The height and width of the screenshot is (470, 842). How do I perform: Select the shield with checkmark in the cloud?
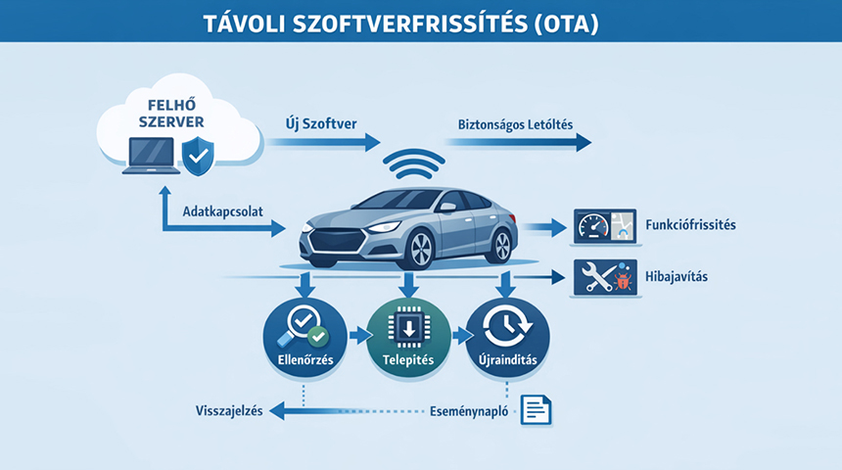point(200,155)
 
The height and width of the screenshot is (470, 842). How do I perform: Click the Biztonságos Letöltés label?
point(515,124)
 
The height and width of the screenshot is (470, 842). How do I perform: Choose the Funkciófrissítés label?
point(690,225)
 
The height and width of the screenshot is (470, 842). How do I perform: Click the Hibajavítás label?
point(677,278)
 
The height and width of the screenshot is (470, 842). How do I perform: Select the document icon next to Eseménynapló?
point(536,409)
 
